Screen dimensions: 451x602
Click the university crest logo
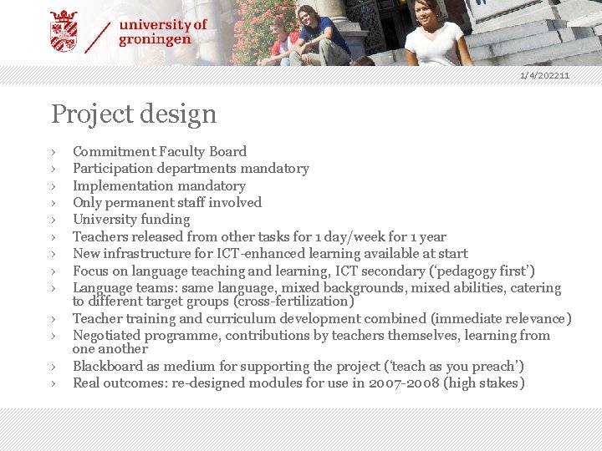(64, 31)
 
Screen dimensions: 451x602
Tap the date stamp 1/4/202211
(544, 76)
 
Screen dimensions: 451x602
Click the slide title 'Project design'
(134, 114)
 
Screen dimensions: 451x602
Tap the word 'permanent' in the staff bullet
(141, 202)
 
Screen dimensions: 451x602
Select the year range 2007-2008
(406, 383)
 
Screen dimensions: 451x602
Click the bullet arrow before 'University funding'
(53, 220)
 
